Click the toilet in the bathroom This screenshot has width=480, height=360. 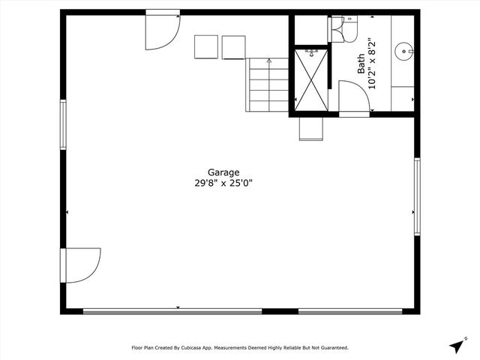point(342,28)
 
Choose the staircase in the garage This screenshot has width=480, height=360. point(268,84)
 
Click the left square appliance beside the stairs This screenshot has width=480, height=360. point(206,47)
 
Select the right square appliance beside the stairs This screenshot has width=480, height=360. point(233,47)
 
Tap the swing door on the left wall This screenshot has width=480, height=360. point(81,265)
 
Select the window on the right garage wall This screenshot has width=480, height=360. point(417,196)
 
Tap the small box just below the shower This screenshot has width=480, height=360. point(310,128)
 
